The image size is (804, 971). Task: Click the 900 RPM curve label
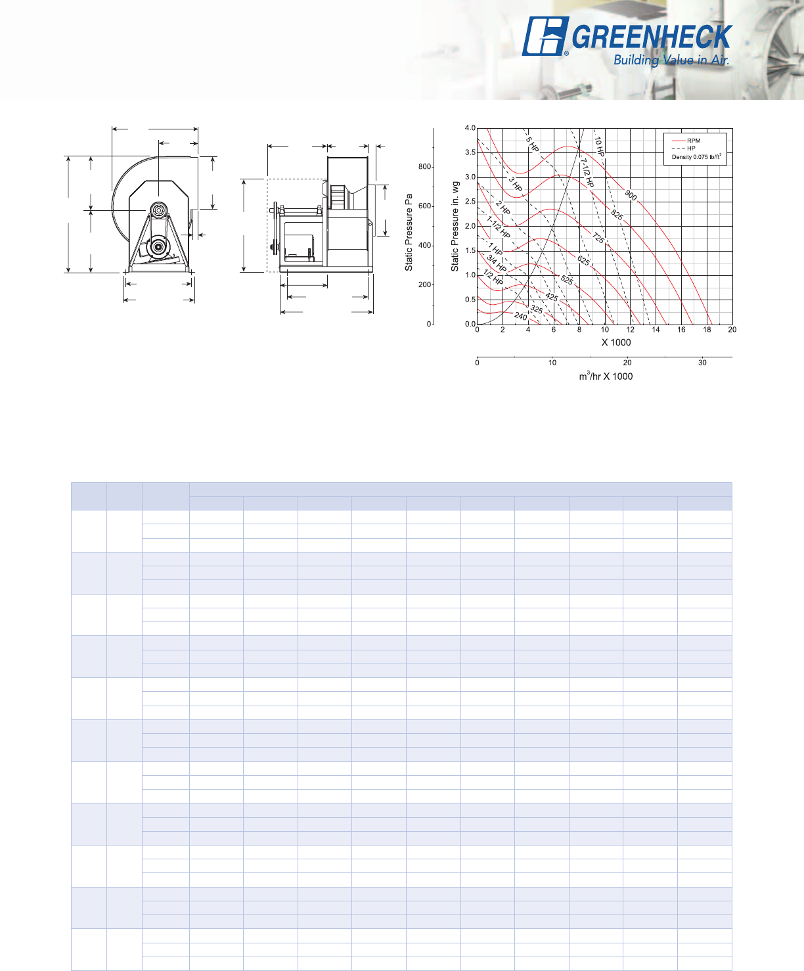(x=631, y=195)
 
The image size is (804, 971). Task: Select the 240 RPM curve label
(x=521, y=317)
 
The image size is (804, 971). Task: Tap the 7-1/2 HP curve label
(x=587, y=173)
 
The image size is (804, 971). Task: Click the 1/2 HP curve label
(x=493, y=277)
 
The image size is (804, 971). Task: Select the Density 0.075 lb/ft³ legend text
(x=696, y=157)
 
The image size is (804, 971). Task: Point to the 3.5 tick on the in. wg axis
(x=470, y=152)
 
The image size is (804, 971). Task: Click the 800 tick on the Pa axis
(x=424, y=166)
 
